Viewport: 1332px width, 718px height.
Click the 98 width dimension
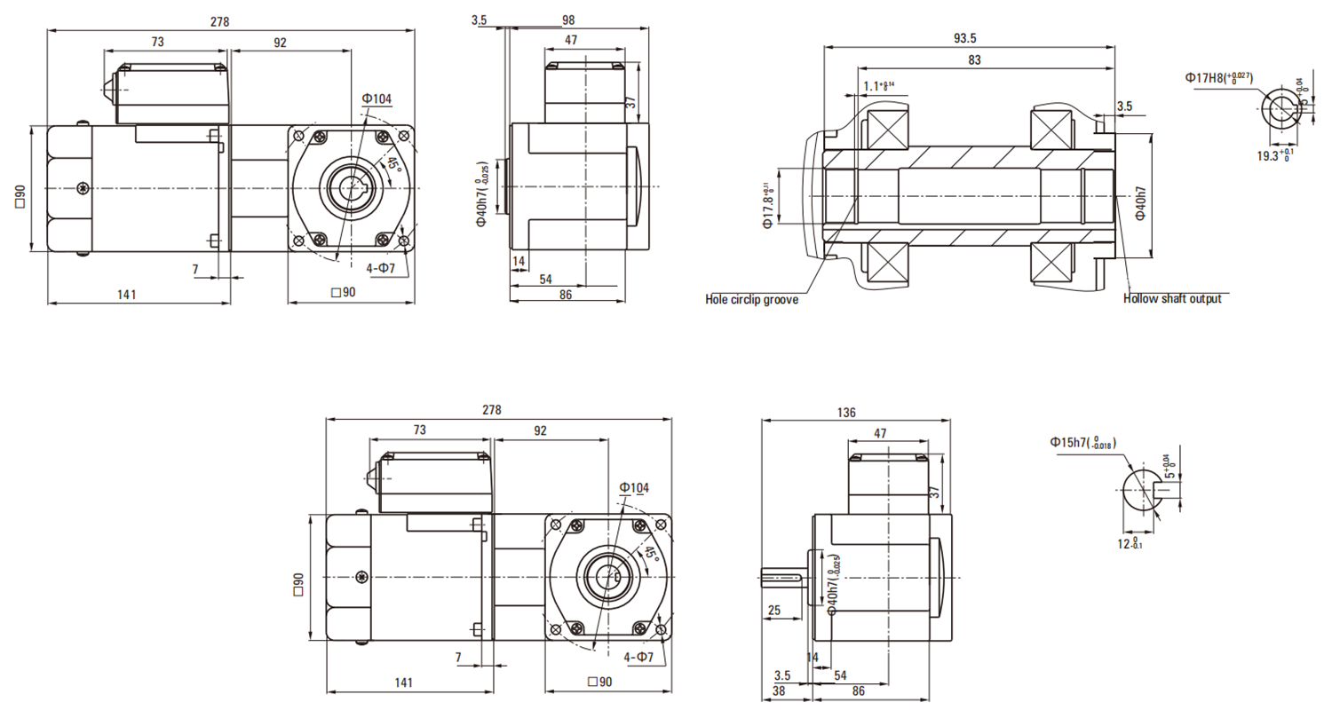[x=569, y=20]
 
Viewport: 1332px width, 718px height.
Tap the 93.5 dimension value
[x=965, y=37]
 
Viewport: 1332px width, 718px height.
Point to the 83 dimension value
[x=975, y=60]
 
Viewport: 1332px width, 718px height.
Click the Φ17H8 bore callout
[x=1219, y=78]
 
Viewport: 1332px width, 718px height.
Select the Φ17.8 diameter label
[x=768, y=199]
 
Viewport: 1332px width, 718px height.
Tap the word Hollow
[x=1140, y=299]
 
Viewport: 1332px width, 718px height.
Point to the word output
[x=1204, y=299]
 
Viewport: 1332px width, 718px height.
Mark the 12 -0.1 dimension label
[x=1130, y=543]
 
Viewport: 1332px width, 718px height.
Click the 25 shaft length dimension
[x=773, y=611]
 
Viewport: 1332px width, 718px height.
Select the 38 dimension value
[x=779, y=690]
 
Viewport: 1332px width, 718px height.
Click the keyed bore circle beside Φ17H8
[x=1280, y=108]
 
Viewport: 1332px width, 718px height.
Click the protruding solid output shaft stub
[x=782, y=578]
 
